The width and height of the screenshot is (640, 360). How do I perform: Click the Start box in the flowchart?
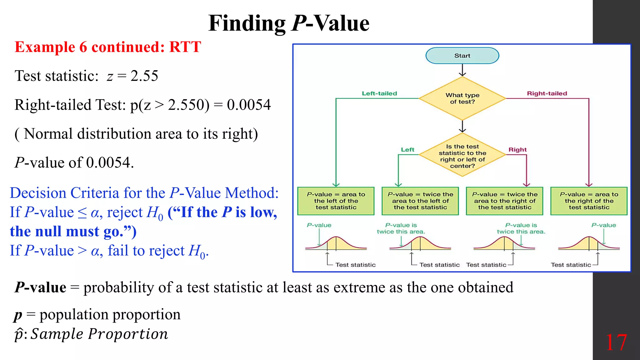pyautogui.click(x=462, y=56)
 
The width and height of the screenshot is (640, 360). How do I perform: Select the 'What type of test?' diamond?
pyautogui.click(x=462, y=98)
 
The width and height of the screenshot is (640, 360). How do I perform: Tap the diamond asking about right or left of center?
pyautogui.click(x=462, y=155)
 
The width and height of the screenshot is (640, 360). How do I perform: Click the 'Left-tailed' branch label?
pyautogui.click(x=379, y=93)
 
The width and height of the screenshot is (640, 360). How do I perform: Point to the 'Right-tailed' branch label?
pyautogui.click(x=547, y=93)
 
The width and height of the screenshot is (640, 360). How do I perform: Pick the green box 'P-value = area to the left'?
pyautogui.click(x=336, y=201)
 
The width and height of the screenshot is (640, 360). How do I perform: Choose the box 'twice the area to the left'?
pyautogui.click(x=420, y=201)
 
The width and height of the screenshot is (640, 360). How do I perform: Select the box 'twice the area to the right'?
pyautogui.click(x=505, y=201)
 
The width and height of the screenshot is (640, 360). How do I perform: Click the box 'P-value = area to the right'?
pyautogui.click(x=589, y=201)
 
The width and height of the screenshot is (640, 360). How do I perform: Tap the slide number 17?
pyautogui.click(x=616, y=343)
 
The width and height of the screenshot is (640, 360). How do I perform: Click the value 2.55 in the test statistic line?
pyautogui.click(x=144, y=76)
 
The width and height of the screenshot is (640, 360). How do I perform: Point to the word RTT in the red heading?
pyautogui.click(x=185, y=47)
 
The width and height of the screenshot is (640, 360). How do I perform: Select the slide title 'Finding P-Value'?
pyautogui.click(x=289, y=23)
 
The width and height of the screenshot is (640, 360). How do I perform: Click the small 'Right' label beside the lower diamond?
pyautogui.click(x=517, y=150)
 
